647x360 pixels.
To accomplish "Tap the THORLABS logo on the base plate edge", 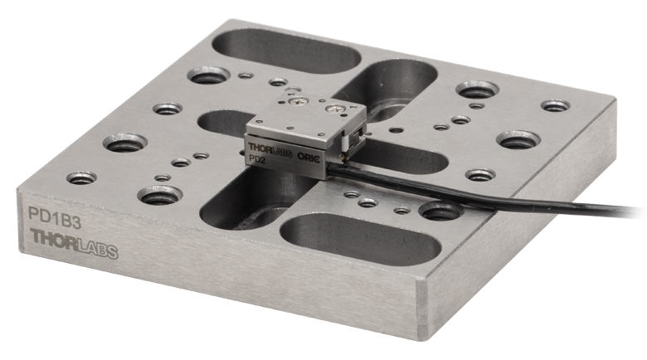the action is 75,244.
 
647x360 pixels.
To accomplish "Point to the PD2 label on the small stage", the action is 258,158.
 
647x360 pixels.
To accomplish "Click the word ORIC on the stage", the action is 309,157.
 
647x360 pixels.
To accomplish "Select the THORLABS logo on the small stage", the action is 270,149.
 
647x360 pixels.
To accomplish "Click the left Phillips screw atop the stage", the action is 298,100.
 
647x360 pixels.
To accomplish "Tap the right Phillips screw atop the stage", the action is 333,109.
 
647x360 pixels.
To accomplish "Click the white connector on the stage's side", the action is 343,145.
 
